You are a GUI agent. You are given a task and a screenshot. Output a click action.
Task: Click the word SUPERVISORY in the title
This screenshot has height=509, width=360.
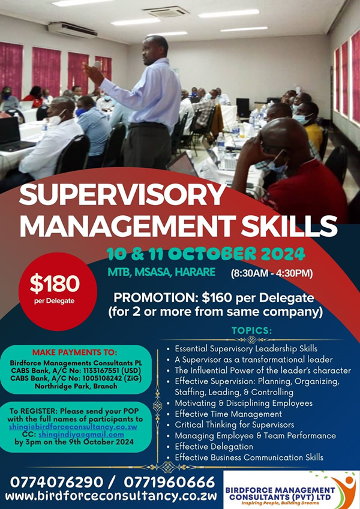click(122, 194)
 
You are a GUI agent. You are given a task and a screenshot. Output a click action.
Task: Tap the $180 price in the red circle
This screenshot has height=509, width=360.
click(55, 284)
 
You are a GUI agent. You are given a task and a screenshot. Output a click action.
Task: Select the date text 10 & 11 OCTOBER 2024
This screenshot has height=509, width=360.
click(206, 254)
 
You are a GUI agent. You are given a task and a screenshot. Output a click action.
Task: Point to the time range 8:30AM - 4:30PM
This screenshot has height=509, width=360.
click(272, 273)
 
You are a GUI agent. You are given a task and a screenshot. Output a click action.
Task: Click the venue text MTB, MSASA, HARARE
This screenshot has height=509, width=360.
click(161, 272)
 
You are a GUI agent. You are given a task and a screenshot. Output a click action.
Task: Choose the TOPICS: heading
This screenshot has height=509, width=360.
click(252, 331)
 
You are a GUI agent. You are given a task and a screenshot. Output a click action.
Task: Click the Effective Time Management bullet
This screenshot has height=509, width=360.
click(228, 414)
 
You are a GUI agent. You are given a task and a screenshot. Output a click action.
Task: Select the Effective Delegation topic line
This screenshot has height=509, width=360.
click(214, 447)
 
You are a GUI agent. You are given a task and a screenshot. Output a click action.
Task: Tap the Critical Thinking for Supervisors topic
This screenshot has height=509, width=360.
click(234, 424)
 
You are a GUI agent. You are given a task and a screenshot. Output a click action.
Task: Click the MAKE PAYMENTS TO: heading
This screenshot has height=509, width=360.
click(75, 352)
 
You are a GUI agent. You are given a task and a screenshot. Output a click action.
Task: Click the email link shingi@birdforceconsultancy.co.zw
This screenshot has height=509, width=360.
click(73, 426)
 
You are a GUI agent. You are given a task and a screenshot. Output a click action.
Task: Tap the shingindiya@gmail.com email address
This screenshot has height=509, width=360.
click(81, 434)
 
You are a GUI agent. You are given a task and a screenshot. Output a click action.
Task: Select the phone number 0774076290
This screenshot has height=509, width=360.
click(56, 483)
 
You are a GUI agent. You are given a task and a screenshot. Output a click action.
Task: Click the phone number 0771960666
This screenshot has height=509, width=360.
click(169, 483)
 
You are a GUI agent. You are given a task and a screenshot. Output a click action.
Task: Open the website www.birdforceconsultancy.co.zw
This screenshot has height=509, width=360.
click(111, 496)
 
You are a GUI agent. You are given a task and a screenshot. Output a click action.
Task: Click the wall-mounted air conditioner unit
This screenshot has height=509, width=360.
click(73, 29)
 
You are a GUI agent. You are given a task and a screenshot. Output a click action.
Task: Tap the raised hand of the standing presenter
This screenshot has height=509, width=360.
click(92, 71)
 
